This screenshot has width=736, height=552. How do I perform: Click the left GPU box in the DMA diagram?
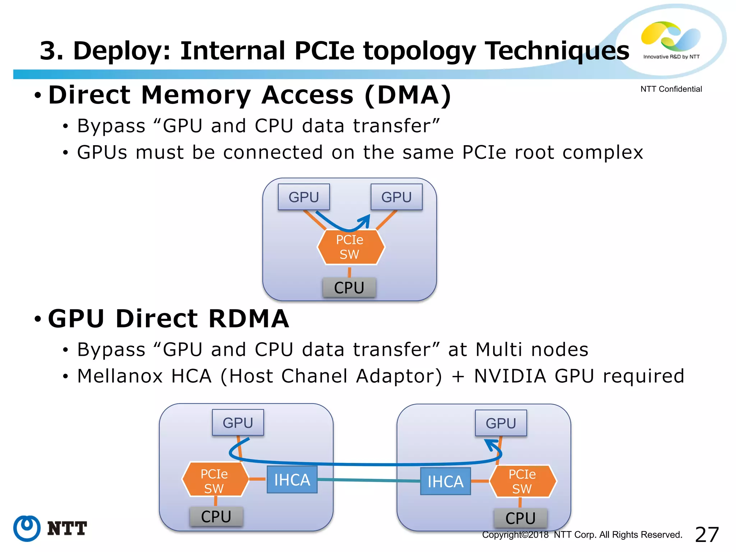pyautogui.click(x=304, y=197)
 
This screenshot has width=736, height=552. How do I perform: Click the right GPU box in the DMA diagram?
pyautogui.click(x=396, y=197)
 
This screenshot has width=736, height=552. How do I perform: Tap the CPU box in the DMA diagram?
pyautogui.click(x=349, y=287)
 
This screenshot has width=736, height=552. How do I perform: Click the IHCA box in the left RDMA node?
pyautogui.click(x=292, y=480)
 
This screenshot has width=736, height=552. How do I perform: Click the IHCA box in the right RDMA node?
pyautogui.click(x=445, y=481)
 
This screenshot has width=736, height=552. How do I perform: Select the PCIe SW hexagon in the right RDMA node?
pyautogui.click(x=522, y=481)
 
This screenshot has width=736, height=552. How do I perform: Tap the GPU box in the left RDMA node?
pyautogui.click(x=238, y=423)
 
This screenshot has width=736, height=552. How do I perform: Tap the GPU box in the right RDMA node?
pyautogui.click(x=501, y=423)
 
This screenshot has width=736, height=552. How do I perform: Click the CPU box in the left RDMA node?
pyautogui.click(x=216, y=516)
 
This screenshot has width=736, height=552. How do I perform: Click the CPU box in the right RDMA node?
pyautogui.click(x=520, y=518)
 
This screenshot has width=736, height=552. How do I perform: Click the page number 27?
pyautogui.click(x=707, y=535)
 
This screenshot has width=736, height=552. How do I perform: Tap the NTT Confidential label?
pyautogui.click(x=671, y=89)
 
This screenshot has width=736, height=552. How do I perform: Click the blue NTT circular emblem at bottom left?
pyautogui.click(x=27, y=528)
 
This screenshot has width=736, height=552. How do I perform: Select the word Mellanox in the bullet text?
pyautogui.click(x=120, y=376)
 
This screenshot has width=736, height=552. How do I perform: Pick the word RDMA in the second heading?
pyautogui.click(x=248, y=319)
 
